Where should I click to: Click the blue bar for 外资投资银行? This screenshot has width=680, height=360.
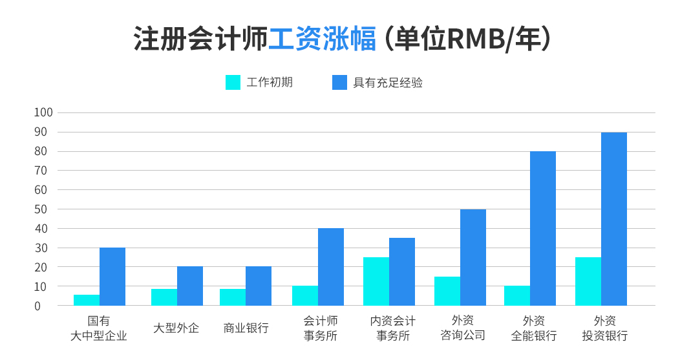pos(613,218)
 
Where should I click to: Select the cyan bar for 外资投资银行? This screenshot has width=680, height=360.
pos(588,281)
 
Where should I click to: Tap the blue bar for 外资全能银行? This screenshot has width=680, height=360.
pos(542,228)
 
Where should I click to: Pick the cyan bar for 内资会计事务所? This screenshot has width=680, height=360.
pos(376,281)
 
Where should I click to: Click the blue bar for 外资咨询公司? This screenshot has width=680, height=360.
pos(473,257)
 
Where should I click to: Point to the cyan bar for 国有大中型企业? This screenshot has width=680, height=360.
pos(87,300)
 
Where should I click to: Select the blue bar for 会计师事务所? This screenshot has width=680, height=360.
pos(330,266)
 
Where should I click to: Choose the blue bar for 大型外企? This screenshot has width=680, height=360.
pos(189,286)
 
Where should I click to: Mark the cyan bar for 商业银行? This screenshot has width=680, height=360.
pos(232,297)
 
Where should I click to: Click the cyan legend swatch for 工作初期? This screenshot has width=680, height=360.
pos(233,83)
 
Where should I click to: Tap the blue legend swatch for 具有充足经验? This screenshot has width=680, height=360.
pos(339,83)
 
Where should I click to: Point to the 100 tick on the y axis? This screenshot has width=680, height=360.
pos(43,112)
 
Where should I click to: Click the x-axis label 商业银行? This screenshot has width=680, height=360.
pos(246,328)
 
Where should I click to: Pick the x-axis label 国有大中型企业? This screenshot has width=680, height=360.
pos(99,328)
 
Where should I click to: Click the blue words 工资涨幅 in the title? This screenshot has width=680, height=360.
pos(322,39)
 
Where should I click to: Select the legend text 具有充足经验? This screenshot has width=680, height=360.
pos(388,83)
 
